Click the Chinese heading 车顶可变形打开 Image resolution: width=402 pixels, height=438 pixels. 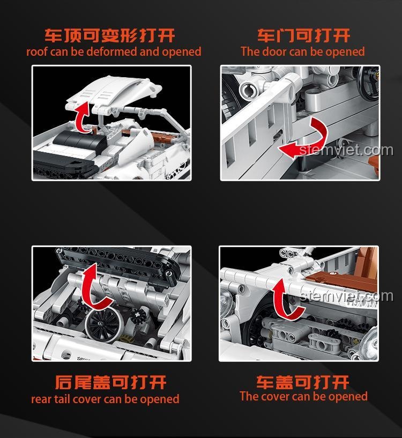coord(110,36)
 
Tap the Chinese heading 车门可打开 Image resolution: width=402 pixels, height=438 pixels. coord(303,36)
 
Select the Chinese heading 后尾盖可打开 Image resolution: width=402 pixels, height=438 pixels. coord(110,382)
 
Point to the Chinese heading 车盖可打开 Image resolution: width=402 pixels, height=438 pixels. coord(303,382)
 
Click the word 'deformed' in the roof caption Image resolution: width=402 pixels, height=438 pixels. coord(113,52)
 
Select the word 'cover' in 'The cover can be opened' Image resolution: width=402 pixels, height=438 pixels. coord(275,397)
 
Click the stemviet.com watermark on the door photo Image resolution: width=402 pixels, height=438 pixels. coord(347,150)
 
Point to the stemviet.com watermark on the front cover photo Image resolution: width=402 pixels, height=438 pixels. coord(347,295)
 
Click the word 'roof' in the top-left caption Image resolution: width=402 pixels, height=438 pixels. coord(38,52)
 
